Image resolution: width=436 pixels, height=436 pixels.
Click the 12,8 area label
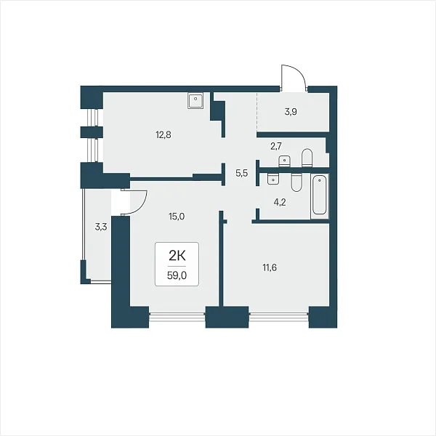[163, 135]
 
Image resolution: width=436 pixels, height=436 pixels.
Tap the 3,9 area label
[291, 112]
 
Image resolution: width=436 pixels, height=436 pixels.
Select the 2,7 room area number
[276, 146]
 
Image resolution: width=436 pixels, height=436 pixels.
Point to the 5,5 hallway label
[242, 173]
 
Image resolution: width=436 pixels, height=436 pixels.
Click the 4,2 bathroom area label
[280, 202]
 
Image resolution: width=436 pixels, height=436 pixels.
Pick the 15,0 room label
[177, 217]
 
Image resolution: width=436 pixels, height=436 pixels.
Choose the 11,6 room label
[270, 267]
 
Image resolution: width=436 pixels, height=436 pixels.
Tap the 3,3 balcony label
[101, 227]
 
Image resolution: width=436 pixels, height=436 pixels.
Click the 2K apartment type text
[177, 256]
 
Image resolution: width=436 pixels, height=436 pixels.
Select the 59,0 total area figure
[177, 275]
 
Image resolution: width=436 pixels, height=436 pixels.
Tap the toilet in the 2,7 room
[307, 158]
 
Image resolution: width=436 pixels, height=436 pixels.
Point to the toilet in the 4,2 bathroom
[296, 182]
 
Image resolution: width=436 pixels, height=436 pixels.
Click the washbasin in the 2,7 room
[284, 161]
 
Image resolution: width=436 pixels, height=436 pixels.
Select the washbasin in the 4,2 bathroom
[274, 179]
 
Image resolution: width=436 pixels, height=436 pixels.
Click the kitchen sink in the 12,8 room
[195, 100]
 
